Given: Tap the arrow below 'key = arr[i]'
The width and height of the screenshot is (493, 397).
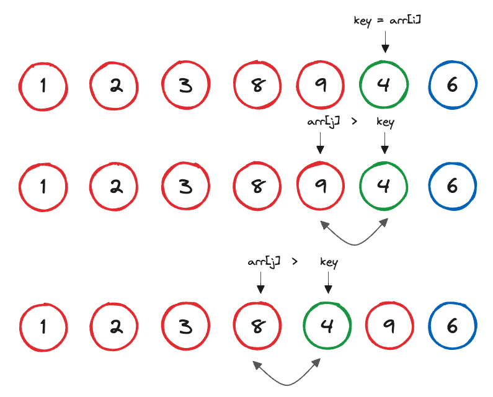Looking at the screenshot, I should (384, 42).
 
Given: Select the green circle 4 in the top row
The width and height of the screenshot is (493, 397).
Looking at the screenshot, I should (384, 86).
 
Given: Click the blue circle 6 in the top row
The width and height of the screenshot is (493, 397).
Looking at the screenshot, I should (452, 86).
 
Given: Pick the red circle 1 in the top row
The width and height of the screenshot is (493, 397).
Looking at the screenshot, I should (43, 86).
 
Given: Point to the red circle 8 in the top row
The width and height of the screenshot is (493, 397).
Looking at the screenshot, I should (257, 86).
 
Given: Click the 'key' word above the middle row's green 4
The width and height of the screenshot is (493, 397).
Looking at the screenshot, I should (385, 122).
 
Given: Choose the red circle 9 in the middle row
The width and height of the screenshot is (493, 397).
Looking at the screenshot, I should (321, 186).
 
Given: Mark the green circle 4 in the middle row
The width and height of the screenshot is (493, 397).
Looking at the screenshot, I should (384, 186).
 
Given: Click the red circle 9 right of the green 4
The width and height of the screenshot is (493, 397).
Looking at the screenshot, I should (389, 326).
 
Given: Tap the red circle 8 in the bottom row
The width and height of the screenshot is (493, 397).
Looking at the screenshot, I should (257, 326).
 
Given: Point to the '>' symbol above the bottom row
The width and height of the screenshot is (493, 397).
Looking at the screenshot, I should (295, 262).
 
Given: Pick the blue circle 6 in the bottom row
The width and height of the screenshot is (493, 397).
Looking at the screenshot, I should (453, 326).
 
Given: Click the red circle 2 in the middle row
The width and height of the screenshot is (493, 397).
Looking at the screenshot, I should (115, 186).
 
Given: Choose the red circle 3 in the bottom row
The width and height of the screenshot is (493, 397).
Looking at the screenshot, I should (186, 326).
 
